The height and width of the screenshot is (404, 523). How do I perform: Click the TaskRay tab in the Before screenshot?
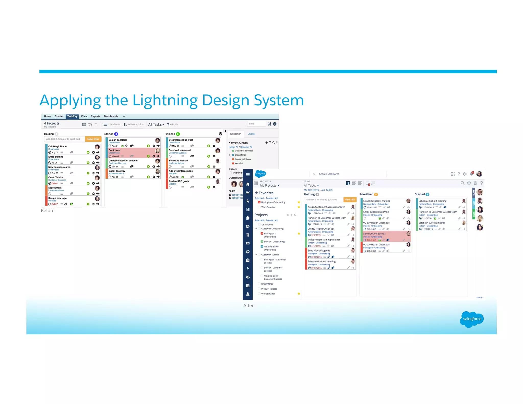point(72,116)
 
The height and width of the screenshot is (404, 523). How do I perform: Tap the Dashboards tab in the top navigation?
point(111,116)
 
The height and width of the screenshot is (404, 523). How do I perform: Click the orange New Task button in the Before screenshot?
point(93,139)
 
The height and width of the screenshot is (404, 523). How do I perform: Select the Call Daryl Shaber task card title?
point(58,147)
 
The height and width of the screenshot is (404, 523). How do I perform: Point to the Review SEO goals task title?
point(179,181)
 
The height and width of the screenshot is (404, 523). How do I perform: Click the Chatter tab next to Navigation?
point(251,134)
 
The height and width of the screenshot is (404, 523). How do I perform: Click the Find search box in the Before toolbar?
point(256,124)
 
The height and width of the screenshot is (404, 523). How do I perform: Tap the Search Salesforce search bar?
point(348,174)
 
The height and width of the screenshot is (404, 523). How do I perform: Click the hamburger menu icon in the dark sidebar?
point(248,175)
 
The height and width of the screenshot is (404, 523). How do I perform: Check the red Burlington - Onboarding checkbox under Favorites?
point(259,202)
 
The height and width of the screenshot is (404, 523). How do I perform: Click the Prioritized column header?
point(366,194)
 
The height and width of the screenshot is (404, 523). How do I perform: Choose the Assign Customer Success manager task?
point(326,207)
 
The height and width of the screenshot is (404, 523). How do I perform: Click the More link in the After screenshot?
point(480,298)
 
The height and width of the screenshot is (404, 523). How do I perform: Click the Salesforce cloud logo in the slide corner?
point(472,319)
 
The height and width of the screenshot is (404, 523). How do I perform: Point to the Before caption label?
point(48,211)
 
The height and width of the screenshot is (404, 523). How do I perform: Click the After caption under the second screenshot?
point(248,306)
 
